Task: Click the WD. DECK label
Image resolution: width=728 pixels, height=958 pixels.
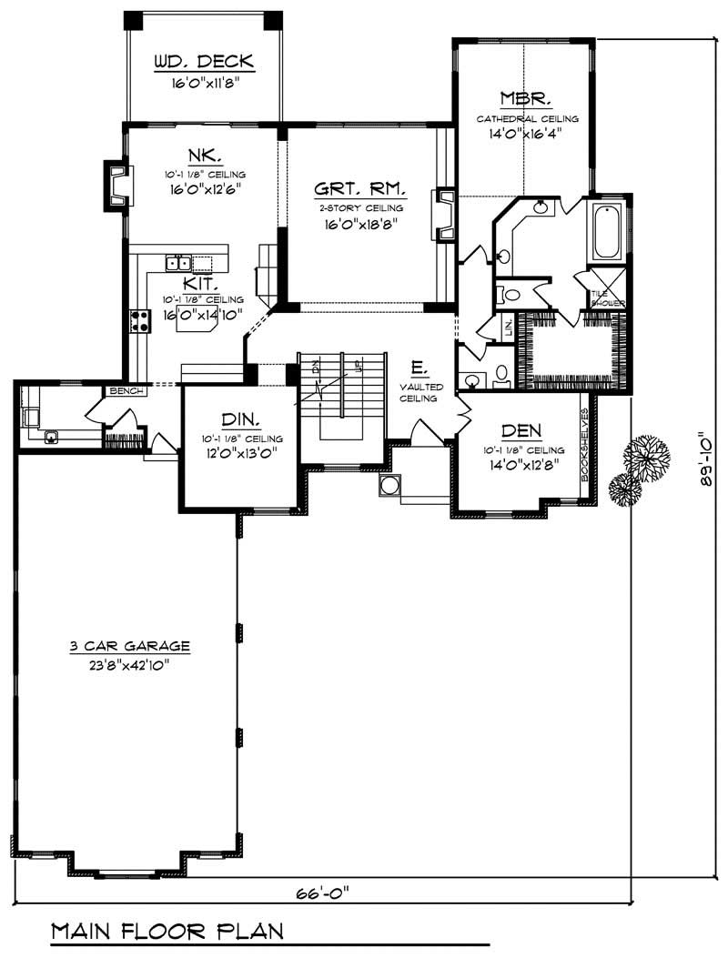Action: (x=203, y=63)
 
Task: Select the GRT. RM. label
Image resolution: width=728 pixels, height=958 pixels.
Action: (x=359, y=190)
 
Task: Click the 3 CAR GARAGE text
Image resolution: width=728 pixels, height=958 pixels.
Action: (x=129, y=647)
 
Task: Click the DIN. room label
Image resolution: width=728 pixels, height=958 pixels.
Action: (x=241, y=419)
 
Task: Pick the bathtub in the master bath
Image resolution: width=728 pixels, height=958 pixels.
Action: (x=607, y=234)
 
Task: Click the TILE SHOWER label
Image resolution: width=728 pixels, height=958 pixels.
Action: (x=602, y=298)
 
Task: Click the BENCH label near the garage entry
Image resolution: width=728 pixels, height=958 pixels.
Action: (x=126, y=391)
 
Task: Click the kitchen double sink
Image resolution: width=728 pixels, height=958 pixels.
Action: (x=178, y=264)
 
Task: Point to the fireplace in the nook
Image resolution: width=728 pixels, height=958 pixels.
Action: (x=117, y=186)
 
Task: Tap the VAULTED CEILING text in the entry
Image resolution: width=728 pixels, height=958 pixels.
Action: (x=421, y=392)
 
